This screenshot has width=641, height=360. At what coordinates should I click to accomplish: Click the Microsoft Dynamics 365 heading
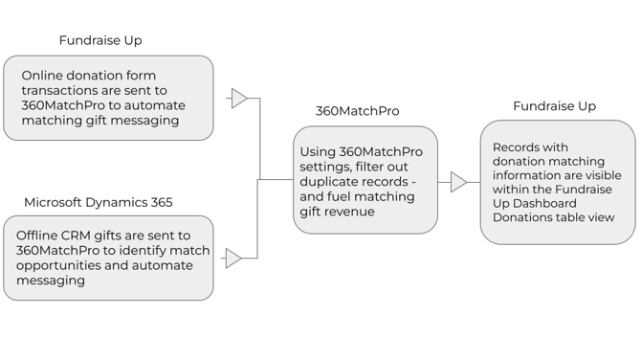click(x=98, y=202)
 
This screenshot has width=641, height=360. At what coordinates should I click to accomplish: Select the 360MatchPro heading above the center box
click(x=357, y=111)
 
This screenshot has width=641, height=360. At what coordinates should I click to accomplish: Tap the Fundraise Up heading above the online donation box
click(x=100, y=40)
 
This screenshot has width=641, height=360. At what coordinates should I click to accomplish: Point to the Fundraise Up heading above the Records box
click(x=554, y=105)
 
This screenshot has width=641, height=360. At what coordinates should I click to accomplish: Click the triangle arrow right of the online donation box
click(x=239, y=98)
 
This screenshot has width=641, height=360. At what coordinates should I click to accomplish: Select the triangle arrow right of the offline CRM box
click(x=233, y=258)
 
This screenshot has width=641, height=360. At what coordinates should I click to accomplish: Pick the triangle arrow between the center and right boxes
click(x=459, y=182)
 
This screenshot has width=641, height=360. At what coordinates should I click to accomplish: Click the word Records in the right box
click(x=518, y=147)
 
